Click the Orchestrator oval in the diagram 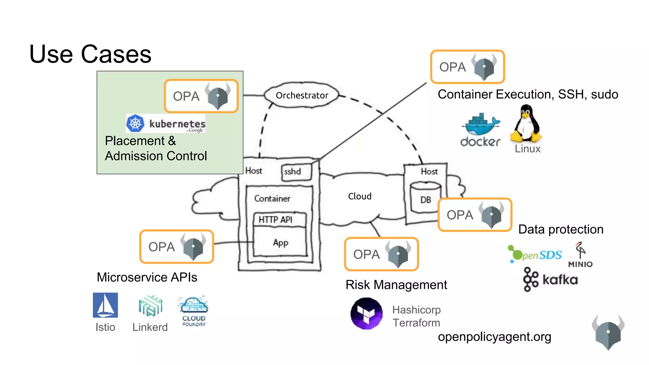point(302,95)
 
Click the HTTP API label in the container point(275,220)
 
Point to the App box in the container point(280,242)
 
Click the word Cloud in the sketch point(360,196)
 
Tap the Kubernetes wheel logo point(135,124)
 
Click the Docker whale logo point(481,124)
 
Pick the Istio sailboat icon point(105,305)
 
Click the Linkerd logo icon point(150,306)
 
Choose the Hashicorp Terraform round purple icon point(367,313)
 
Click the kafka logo point(550,279)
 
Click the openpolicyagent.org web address point(494,337)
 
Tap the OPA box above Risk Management point(382,254)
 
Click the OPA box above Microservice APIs point(177,247)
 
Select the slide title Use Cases point(90,54)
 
